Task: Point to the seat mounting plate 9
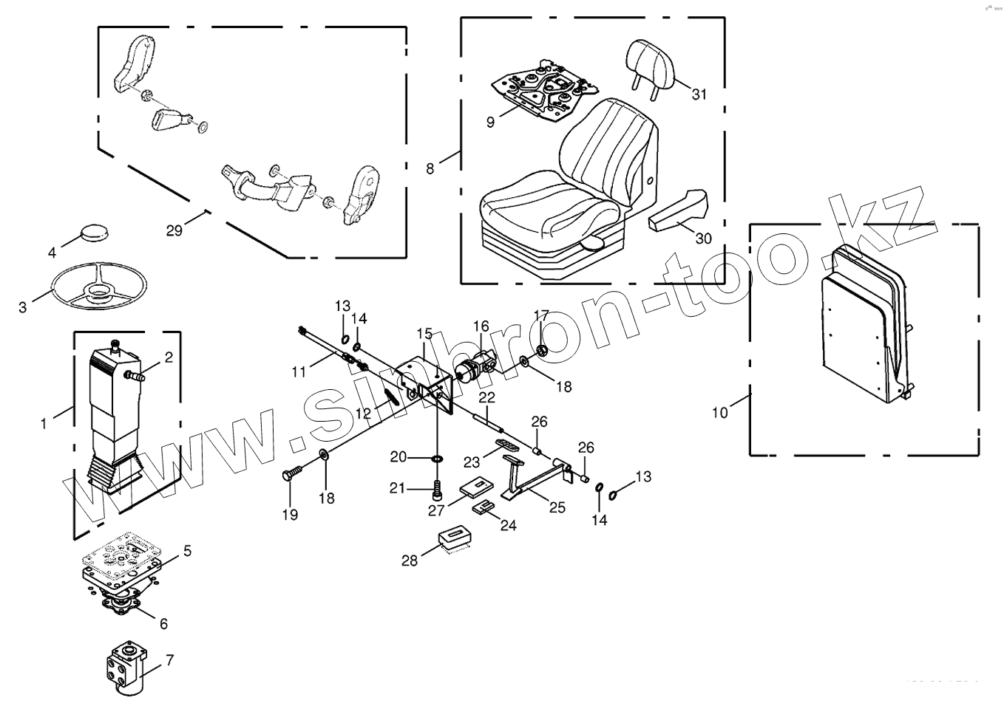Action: pyautogui.click(x=543, y=88)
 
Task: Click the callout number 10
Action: pyautogui.click(x=720, y=412)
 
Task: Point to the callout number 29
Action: pyautogui.click(x=174, y=230)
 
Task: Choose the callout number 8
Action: pyautogui.click(x=430, y=168)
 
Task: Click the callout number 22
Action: pyautogui.click(x=486, y=398)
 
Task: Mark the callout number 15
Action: pyautogui.click(x=424, y=334)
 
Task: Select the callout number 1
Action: pyautogui.click(x=44, y=423)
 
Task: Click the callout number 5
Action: pyautogui.click(x=187, y=550)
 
